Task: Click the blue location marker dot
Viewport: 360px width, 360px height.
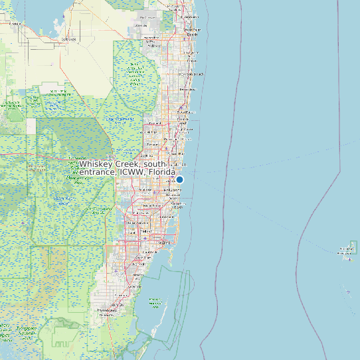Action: [x=179, y=179]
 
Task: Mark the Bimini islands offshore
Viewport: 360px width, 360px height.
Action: [x=346, y=250]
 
